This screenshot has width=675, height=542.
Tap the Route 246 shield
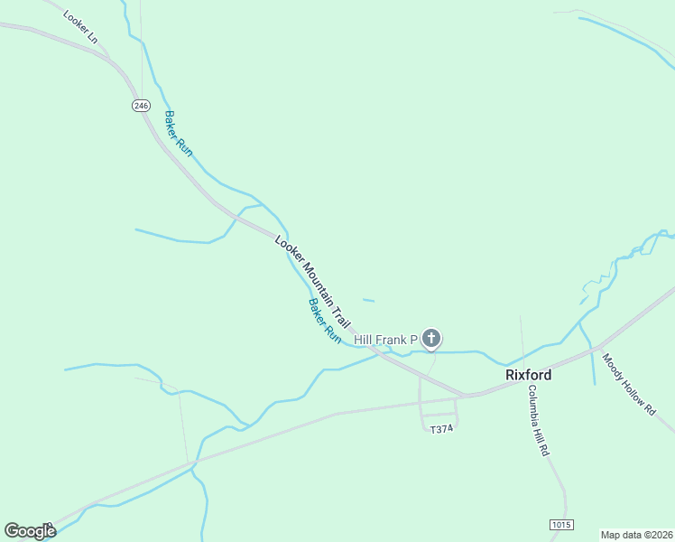(x=140, y=106)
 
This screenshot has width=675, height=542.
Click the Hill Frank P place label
(x=385, y=340)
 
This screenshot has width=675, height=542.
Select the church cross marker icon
(x=431, y=339)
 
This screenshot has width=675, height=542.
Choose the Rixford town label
(x=528, y=374)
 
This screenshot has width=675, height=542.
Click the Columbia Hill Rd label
(x=539, y=420)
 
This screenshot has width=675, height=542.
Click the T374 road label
(x=440, y=429)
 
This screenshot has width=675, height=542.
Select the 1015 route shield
(x=560, y=524)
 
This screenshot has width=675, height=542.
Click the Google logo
(x=30, y=531)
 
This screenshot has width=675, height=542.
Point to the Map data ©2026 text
(x=636, y=535)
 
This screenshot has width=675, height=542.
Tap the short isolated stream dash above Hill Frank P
(x=367, y=300)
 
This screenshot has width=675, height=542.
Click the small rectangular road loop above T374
(x=439, y=413)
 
